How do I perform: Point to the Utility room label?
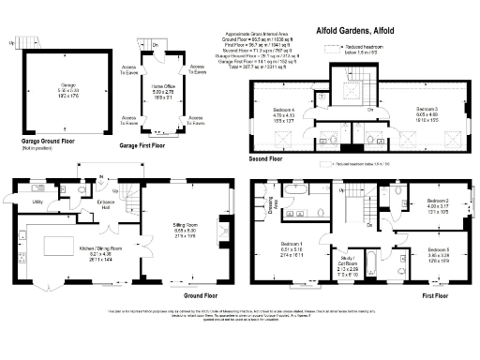(37, 202)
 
